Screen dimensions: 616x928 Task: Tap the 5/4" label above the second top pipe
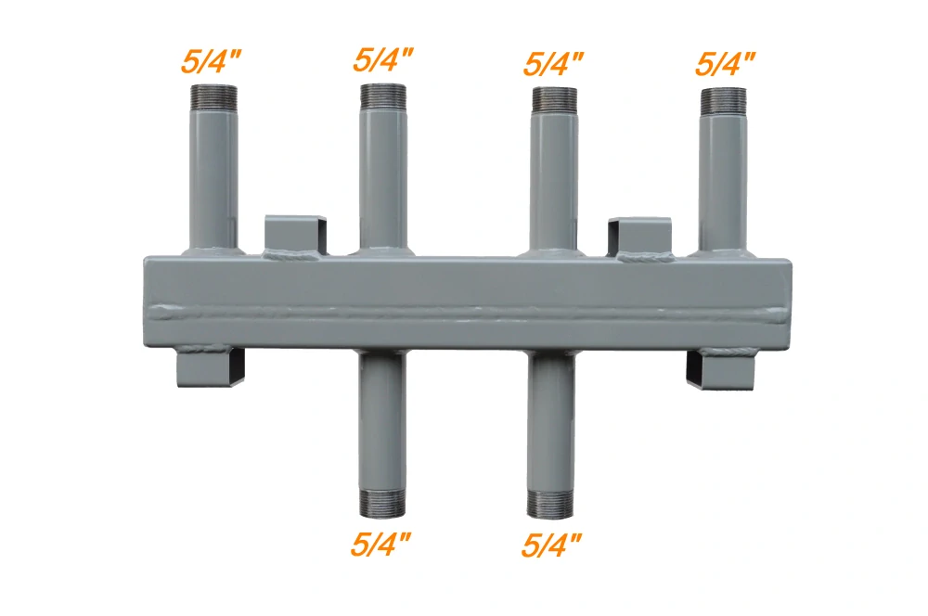[x=383, y=60]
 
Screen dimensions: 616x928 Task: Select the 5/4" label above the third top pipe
[x=554, y=63]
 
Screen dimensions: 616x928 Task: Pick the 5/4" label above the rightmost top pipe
[x=725, y=63]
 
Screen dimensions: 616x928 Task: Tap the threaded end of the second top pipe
[x=382, y=96]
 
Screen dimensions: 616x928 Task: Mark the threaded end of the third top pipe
[x=554, y=100]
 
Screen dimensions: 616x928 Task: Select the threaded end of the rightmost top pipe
[x=724, y=100]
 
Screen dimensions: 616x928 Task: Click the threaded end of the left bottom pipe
[x=382, y=503]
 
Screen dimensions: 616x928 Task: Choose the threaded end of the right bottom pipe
[x=554, y=503]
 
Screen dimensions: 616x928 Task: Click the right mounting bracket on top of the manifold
[x=639, y=234]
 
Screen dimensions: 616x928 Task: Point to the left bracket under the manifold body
[x=211, y=369]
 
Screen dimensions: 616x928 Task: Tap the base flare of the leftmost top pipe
[x=213, y=248]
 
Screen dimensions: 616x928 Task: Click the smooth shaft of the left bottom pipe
[x=382, y=417]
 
